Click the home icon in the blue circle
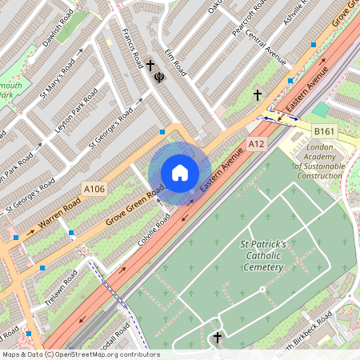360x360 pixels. click(180, 173)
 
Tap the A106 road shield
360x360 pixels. click(94, 189)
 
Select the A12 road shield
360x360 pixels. click(256, 144)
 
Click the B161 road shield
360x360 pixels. click(324, 130)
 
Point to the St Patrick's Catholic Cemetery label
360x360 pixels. click(262, 255)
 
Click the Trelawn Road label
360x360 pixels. click(59, 287)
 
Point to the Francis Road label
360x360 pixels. click(130, 49)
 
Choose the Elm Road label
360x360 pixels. click(174, 63)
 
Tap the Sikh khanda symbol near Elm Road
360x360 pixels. click(158, 80)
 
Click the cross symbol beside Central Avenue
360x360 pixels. click(258, 95)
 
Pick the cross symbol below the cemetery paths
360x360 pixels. click(217, 338)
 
